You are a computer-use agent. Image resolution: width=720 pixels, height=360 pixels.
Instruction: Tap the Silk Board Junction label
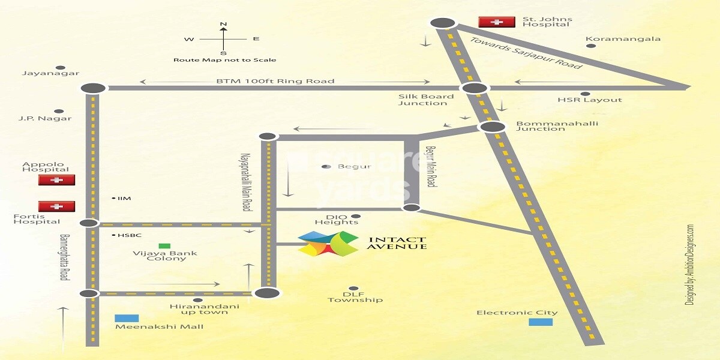tap(423, 100)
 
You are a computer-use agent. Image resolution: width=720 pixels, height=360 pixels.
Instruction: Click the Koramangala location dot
tap(591, 45)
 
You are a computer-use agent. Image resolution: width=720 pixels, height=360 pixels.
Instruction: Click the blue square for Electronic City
tap(541, 322)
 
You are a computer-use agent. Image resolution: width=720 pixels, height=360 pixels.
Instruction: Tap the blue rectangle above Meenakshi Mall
tap(127, 318)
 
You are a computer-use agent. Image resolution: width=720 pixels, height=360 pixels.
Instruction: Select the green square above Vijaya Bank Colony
tap(163, 246)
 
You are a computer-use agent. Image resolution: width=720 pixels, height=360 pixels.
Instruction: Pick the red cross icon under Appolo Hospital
tap(56, 180)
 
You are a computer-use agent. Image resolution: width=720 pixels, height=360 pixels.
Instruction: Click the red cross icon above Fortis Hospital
tap(56, 206)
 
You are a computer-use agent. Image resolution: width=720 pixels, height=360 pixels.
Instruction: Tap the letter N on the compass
tap(223, 25)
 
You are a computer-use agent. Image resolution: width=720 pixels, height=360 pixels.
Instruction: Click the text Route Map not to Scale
tap(224, 60)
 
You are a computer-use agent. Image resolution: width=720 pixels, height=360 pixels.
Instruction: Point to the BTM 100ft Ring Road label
tap(275, 81)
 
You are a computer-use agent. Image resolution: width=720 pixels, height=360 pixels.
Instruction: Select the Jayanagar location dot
tap(60, 68)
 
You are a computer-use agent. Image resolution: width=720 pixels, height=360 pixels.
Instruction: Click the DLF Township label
tap(355, 296)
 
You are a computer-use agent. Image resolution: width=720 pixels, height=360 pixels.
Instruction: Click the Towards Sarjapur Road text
tap(526, 53)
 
